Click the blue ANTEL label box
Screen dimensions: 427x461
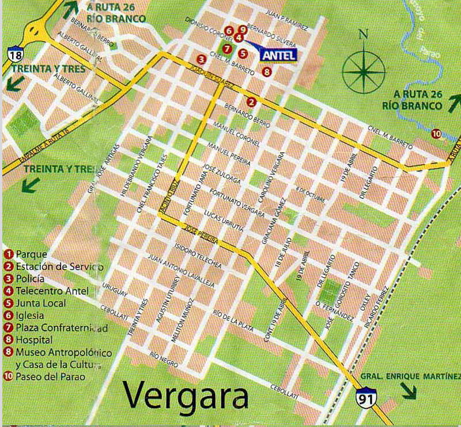279,55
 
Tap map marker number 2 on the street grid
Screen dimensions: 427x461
251,102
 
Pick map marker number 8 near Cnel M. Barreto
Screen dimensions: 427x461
266,71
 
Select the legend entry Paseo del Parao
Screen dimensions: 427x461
43,377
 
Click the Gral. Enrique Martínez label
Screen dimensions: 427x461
411,376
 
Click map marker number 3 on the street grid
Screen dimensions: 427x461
201,59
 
